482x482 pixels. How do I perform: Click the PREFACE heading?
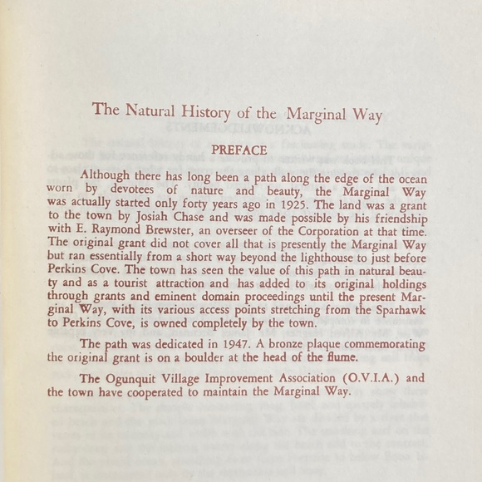click(239, 150)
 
